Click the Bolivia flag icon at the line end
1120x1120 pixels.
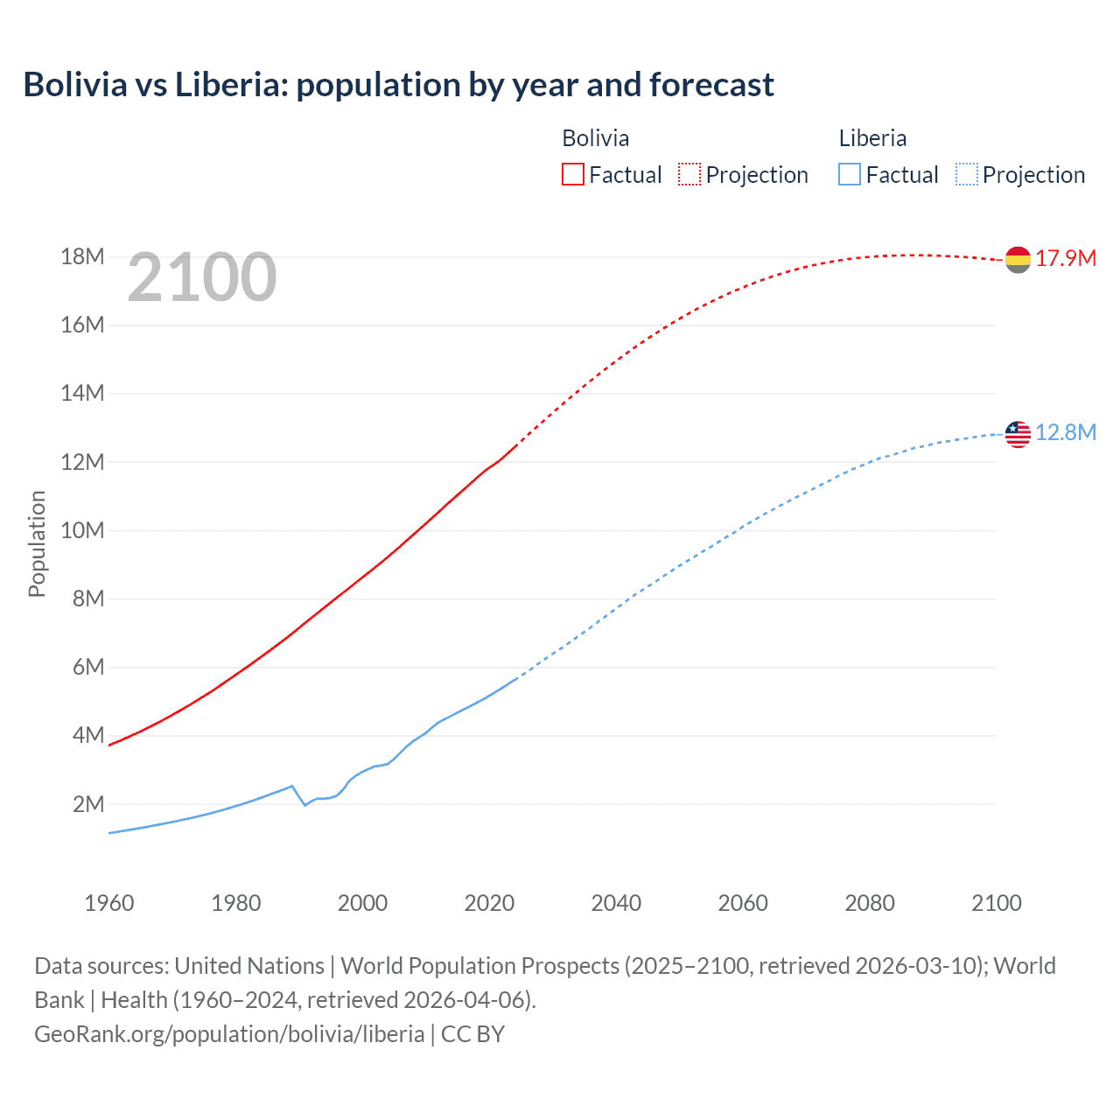1018,260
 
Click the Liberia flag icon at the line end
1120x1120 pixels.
1018,434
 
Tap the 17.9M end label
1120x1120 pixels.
1066,258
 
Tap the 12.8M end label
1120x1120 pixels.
1066,432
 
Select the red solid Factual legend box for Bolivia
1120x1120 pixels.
572,174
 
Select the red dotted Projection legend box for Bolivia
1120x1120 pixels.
689,174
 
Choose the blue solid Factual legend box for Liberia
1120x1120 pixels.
849,174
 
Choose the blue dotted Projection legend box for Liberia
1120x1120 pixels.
966,174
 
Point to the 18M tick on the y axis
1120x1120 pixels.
82,256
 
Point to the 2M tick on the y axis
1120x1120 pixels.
87,804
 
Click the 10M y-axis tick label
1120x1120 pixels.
82,530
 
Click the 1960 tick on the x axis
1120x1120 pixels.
109,903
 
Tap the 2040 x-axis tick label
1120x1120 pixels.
616,903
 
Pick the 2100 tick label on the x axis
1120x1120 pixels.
996,903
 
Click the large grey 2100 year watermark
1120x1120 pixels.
202,277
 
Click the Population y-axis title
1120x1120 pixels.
37,543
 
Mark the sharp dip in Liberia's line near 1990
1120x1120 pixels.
304,804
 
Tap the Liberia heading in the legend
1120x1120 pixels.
872,138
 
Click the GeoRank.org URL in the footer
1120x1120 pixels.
229,1033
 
